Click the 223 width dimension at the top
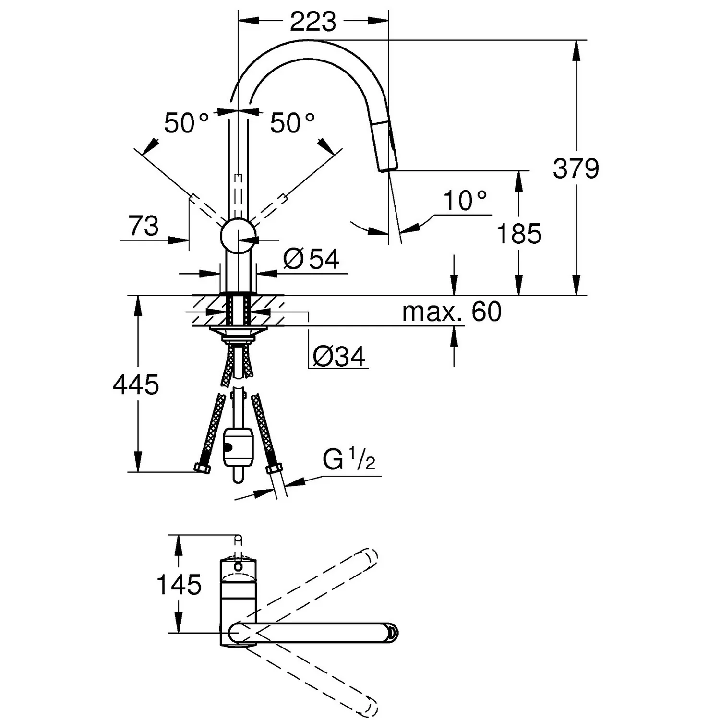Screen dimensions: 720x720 (312, 22)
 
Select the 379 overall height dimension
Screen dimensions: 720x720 (576, 168)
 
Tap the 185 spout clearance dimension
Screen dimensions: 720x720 (519, 234)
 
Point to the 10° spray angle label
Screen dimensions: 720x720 (464, 201)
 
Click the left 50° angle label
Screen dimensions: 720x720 (186, 123)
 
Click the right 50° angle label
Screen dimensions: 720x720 (292, 123)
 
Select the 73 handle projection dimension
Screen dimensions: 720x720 (144, 226)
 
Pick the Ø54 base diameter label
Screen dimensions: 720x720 (312, 259)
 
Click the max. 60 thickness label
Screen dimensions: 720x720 (451, 312)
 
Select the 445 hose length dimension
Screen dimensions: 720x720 (136, 384)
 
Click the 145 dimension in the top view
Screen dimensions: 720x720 (179, 584)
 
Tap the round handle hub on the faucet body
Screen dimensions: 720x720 (238, 235)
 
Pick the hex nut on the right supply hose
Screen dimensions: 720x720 (274, 468)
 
